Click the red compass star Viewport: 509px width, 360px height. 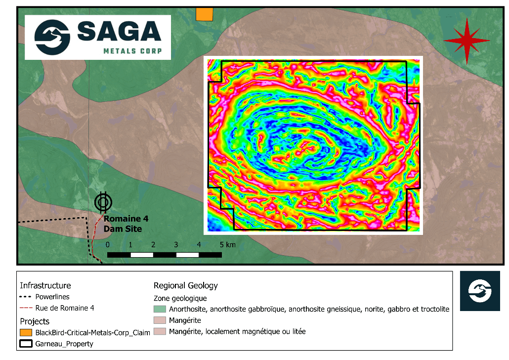(463, 41)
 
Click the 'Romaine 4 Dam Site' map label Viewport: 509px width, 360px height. (126, 224)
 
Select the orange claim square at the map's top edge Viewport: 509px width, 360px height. (204, 14)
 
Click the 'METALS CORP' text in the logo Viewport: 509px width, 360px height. (132, 51)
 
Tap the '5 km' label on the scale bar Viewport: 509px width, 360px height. (228, 245)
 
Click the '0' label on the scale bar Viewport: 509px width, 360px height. (108, 245)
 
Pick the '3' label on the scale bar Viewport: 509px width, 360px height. (176, 245)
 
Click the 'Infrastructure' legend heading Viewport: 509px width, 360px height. (45, 285)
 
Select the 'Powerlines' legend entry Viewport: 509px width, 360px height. (52, 297)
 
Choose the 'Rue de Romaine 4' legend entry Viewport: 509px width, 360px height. (64, 308)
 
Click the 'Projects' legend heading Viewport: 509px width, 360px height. (35, 321)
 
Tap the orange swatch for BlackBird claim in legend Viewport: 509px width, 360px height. (26, 333)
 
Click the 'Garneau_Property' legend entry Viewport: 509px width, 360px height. (64, 344)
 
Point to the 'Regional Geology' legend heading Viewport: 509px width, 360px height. (186, 285)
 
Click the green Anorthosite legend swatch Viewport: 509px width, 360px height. (160, 309)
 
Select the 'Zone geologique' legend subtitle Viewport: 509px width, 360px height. (180, 298)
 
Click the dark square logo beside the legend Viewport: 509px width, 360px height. (480, 291)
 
